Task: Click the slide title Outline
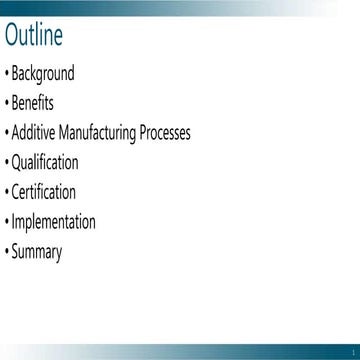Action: click(34, 36)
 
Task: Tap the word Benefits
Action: click(33, 103)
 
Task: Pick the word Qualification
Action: click(45, 163)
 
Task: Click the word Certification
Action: click(44, 192)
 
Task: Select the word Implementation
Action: click(54, 223)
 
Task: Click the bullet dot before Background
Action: click(6, 74)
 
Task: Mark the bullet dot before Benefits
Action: click(6, 104)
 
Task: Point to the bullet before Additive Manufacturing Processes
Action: click(6, 134)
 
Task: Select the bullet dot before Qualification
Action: click(6, 164)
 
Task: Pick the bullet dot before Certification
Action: click(6, 193)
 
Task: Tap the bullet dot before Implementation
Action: click(6, 223)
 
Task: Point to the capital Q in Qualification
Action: click(16, 163)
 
